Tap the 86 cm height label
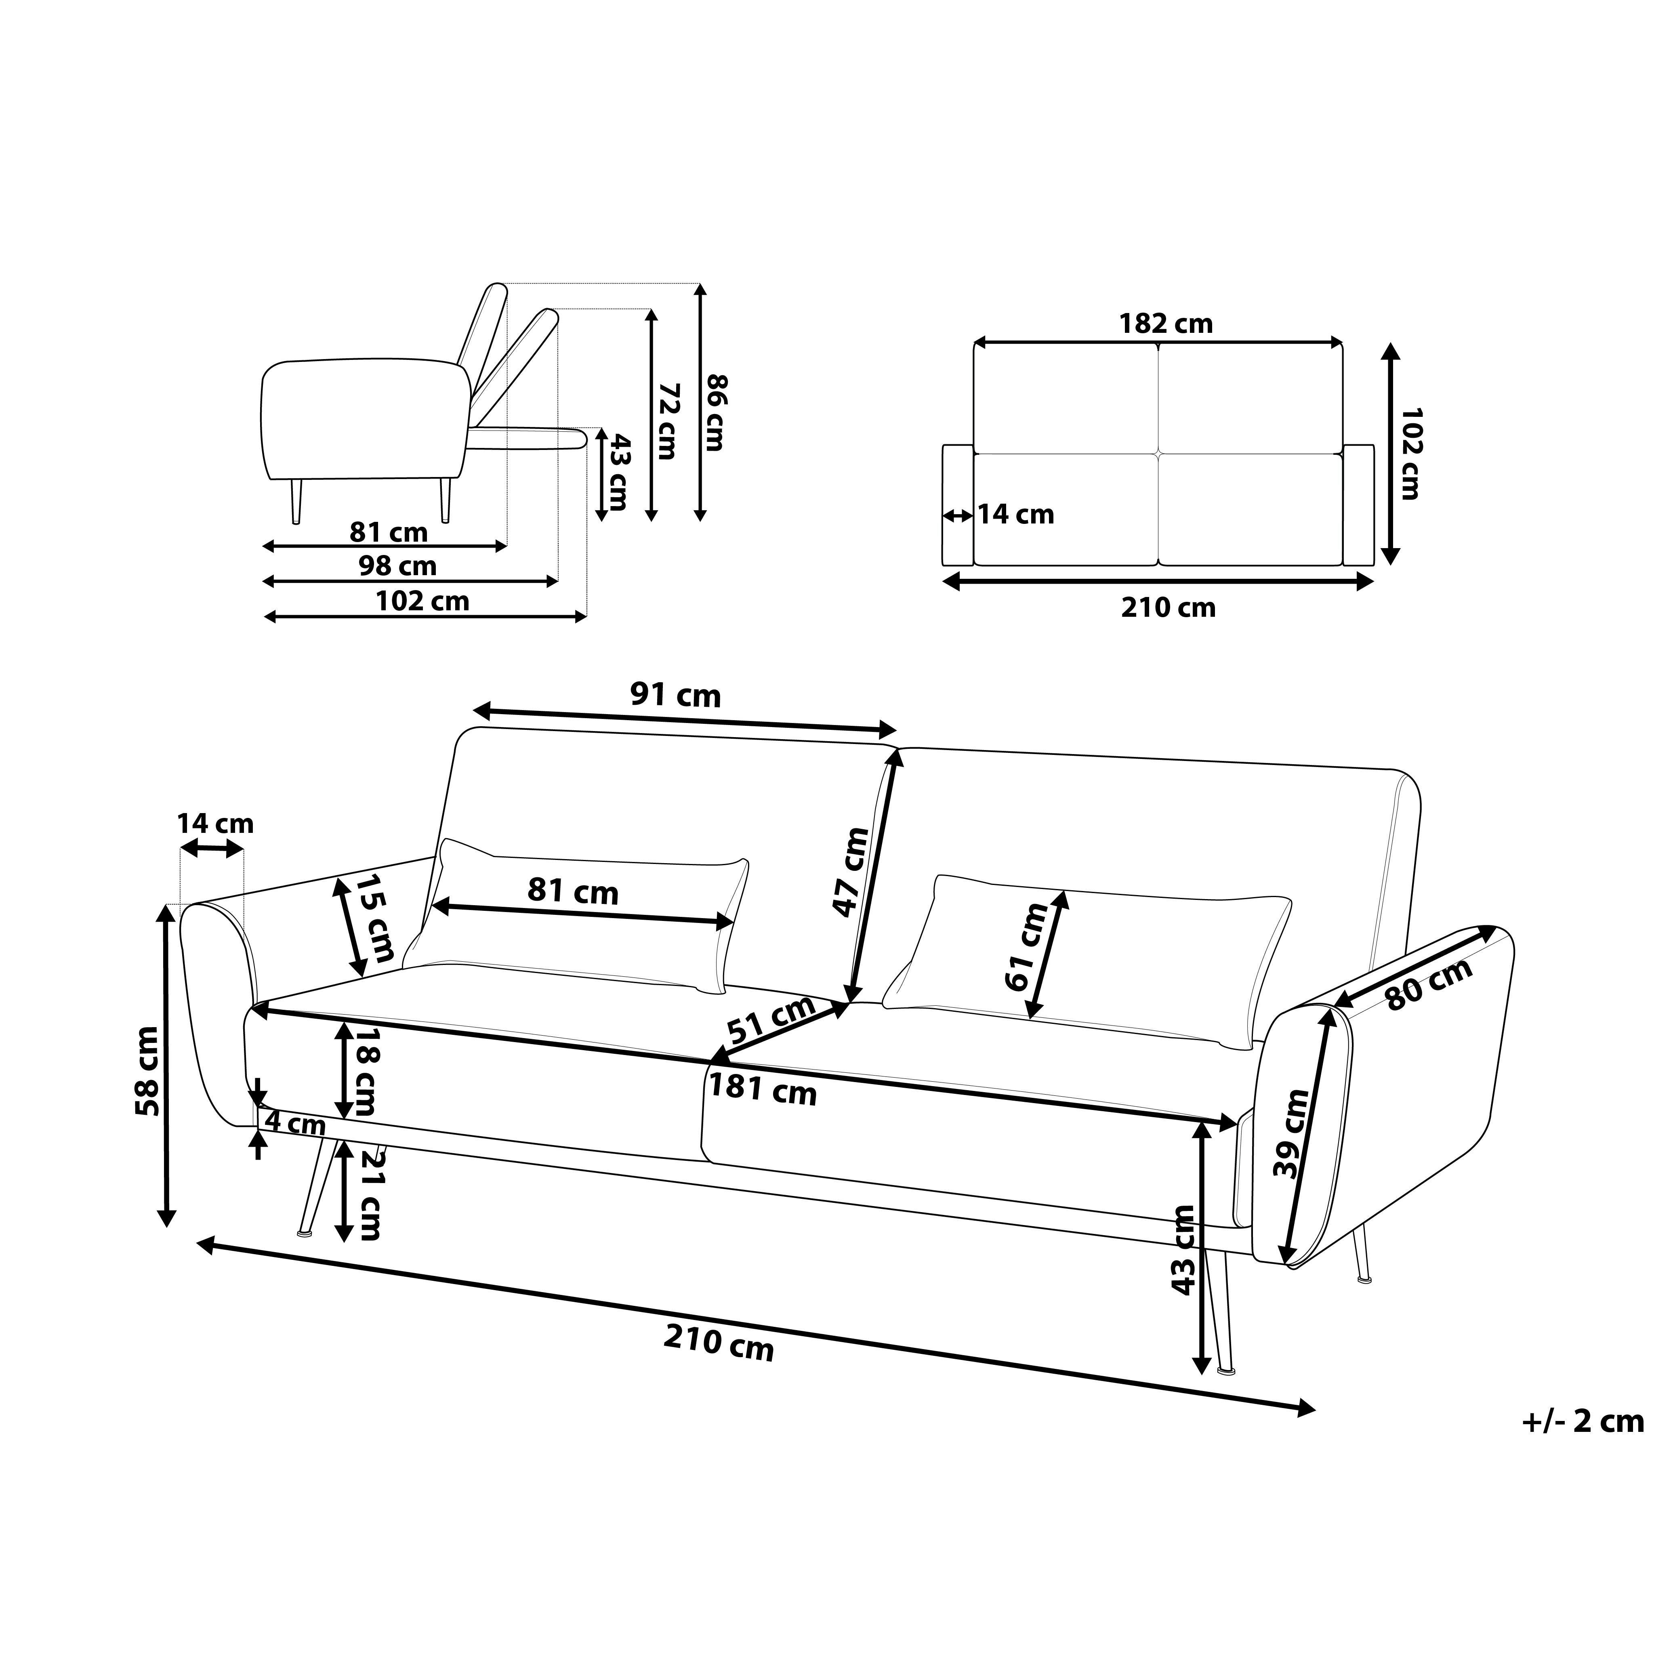coord(715,412)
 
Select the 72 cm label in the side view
coord(666,422)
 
